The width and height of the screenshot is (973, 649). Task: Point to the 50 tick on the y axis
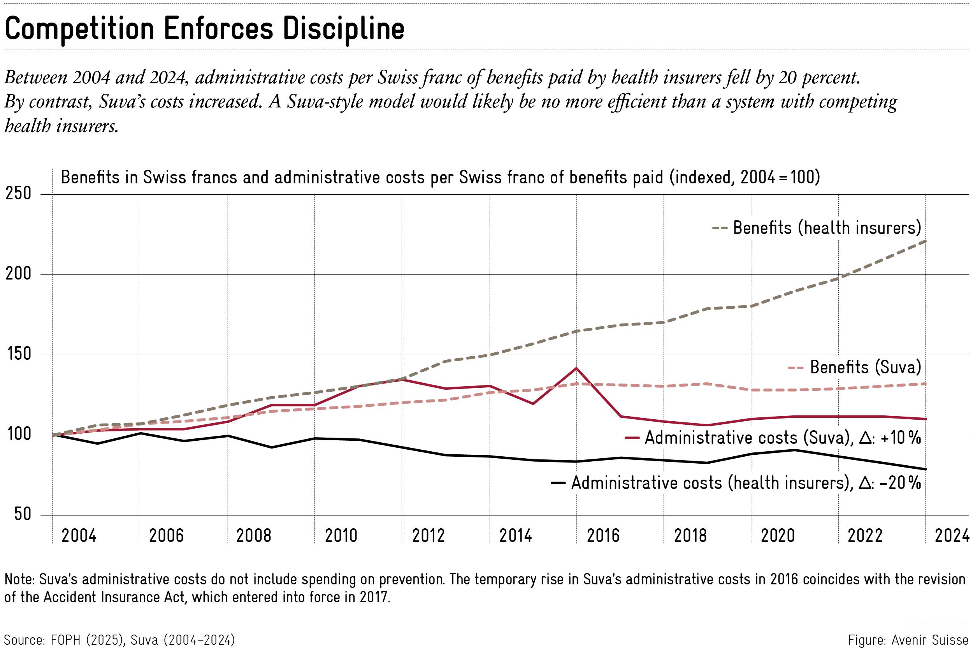point(23,514)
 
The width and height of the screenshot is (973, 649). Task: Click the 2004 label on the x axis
point(79,536)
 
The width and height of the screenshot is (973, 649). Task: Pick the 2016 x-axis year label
point(603,536)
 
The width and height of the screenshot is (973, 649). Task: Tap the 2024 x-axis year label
point(952,536)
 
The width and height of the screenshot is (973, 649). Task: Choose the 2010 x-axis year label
point(341,536)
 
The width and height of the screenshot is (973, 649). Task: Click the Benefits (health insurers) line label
point(827,228)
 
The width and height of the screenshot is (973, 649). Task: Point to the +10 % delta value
point(901,438)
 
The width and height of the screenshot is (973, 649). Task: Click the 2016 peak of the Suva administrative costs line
point(576,368)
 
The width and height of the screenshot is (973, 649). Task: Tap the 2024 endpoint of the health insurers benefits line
point(926,241)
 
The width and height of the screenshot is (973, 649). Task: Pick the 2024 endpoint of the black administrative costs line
point(926,470)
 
